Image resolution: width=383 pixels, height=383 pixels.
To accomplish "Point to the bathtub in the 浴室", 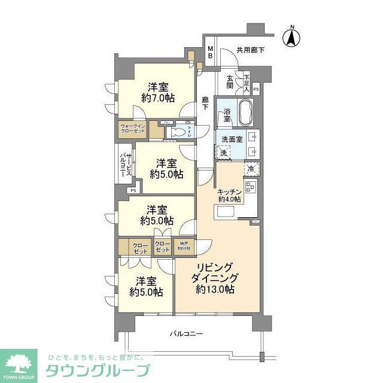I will click(246, 112).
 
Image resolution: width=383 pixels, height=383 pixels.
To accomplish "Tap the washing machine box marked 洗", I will click(224, 153).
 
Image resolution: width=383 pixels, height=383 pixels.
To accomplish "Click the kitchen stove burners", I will click(250, 189).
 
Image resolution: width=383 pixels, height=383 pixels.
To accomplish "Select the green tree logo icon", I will click(18, 363).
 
